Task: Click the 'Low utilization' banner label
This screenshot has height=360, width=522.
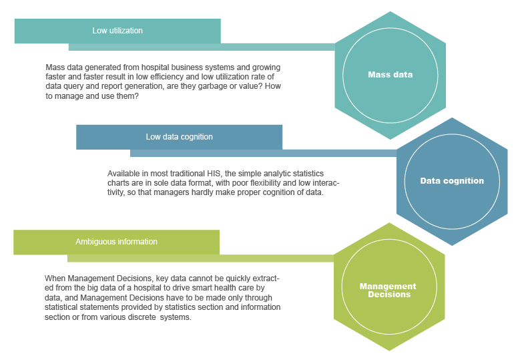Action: [x=117, y=31]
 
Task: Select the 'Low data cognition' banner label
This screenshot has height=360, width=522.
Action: [x=179, y=137]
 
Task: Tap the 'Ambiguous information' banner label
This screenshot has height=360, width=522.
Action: [x=116, y=242]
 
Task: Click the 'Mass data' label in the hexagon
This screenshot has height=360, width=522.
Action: [x=390, y=75]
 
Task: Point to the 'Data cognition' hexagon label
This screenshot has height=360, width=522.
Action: [x=452, y=181]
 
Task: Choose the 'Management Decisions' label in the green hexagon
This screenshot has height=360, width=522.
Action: [x=388, y=290]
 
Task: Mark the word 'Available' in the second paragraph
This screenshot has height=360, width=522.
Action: [x=124, y=173]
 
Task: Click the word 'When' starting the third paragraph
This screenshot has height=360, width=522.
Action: [x=55, y=278]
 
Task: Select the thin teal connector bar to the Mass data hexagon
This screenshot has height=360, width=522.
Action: [x=200, y=47]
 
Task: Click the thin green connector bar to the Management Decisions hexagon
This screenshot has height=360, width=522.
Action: [x=200, y=258]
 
